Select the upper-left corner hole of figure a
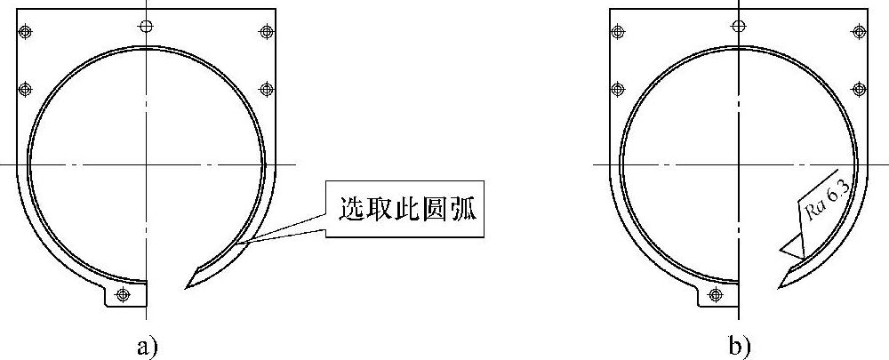tap(26, 33)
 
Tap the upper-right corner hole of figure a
tap(266, 33)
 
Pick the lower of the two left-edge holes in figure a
tap(26, 89)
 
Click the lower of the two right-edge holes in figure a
tap(266, 89)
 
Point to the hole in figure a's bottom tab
tap(123, 293)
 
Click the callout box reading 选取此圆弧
tap(406, 211)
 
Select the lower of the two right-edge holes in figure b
tap(859, 89)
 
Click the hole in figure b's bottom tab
tap(716, 293)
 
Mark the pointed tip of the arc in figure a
tap(186, 288)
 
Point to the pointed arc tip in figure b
tap(779, 288)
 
